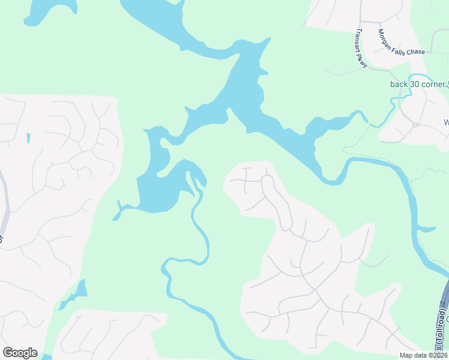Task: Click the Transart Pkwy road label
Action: point(361,48)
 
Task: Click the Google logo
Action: point(20,353)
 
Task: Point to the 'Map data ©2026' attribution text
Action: point(424,355)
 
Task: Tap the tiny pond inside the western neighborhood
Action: point(28,139)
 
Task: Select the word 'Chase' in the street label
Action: point(415,52)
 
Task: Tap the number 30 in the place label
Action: point(414,84)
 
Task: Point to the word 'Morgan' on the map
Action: point(385,36)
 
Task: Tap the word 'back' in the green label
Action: point(399,84)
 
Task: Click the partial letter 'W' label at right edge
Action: point(446,123)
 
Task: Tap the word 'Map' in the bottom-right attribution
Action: point(406,355)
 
